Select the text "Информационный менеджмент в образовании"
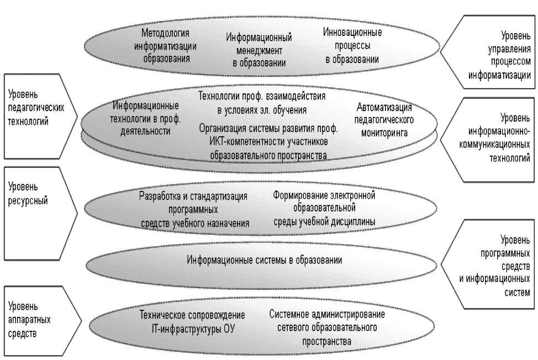click(259, 50)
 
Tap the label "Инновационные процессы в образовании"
click(352, 46)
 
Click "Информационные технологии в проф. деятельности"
click(145, 118)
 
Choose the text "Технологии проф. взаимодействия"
click(262, 96)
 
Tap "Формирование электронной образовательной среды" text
click(325, 209)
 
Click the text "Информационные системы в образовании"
click(265, 259)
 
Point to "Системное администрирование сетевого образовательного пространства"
click(327, 328)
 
